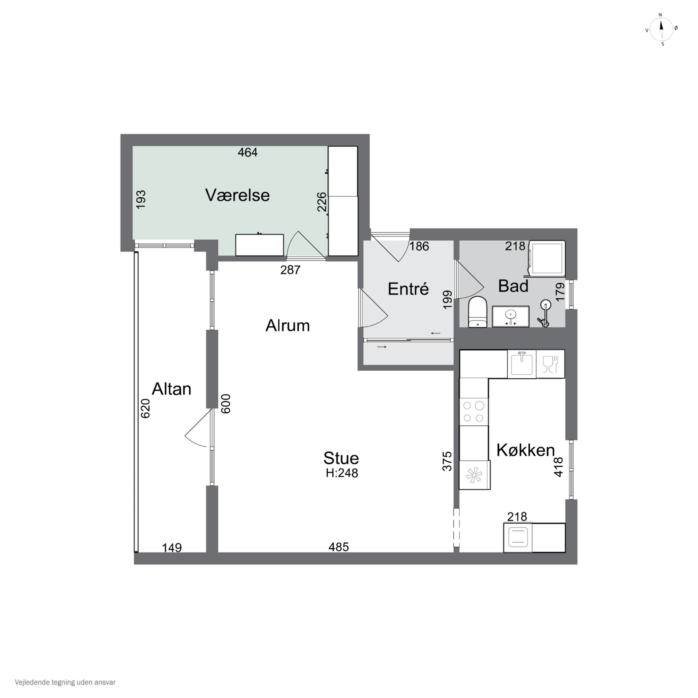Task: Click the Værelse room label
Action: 237,195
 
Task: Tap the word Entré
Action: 408,289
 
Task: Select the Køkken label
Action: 526,450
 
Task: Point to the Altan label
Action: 171,389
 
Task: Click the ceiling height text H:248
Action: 342,473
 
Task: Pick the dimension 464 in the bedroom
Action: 248,152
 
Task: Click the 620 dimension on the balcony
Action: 145,408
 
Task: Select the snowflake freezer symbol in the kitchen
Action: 474,475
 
